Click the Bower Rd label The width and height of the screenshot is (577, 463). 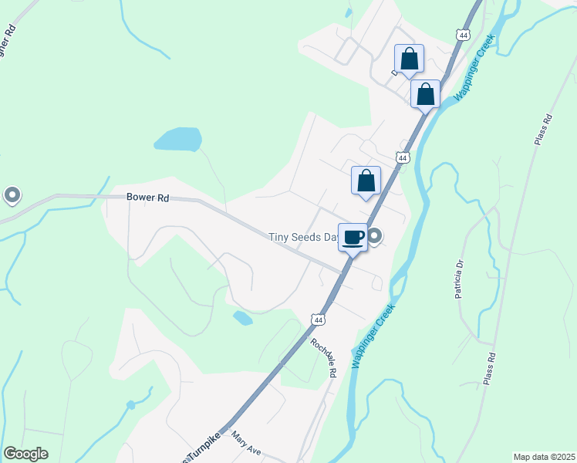point(147,198)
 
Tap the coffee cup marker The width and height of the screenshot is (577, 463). point(353,238)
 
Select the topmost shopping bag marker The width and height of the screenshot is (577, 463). point(409,59)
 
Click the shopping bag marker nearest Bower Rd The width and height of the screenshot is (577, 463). point(366,181)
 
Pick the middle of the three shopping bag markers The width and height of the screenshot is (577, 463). point(425,94)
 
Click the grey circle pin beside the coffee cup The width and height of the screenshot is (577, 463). point(375,236)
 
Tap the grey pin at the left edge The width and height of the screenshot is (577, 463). point(12,195)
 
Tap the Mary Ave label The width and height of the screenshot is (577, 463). point(247,445)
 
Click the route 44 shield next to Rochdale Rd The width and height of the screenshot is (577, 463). point(318,319)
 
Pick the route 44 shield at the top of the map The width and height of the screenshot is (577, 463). point(462,35)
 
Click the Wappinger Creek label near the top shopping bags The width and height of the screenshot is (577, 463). point(473,70)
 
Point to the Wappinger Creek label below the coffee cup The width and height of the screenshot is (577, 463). point(373,334)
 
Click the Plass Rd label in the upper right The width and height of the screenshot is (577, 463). point(544,130)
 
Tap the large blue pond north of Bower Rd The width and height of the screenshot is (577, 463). point(178,139)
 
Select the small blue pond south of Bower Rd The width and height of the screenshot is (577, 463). point(242,317)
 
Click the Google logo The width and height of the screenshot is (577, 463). point(25,454)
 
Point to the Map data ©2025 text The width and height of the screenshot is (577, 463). point(544,457)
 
